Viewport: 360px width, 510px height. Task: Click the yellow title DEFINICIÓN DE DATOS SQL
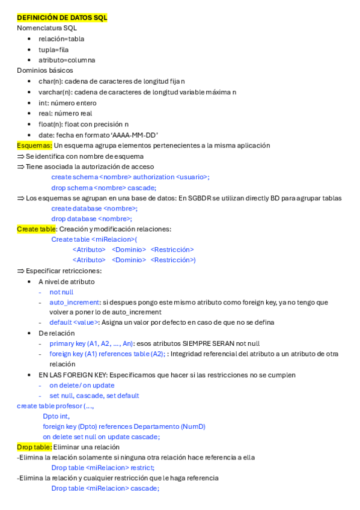62,17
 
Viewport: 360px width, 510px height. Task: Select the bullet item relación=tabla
61,38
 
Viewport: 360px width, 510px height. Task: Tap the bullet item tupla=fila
53,49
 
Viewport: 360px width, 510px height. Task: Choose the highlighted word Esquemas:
34,146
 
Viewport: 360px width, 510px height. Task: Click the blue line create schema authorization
130,177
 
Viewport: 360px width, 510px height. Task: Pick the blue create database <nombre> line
94,208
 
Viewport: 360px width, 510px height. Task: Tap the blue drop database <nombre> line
91,219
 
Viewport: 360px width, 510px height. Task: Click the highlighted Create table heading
36,229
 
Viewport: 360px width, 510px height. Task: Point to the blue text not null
61,292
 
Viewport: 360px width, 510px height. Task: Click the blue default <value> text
74,322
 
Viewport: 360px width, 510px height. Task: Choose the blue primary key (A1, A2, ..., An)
91,343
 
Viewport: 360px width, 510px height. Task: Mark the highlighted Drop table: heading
34,447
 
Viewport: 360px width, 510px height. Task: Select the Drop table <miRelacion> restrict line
103,467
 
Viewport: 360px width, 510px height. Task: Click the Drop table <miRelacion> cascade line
105,488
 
